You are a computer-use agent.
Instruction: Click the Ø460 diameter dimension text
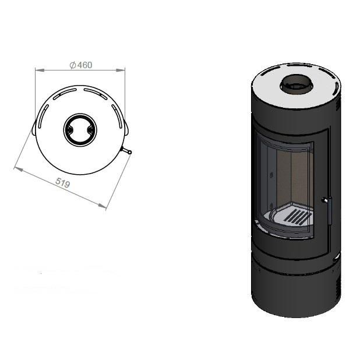[x=81, y=65]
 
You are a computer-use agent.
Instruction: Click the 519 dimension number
[x=63, y=183]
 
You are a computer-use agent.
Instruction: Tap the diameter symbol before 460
[x=73, y=65]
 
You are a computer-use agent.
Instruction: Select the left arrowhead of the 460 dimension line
[x=40, y=70]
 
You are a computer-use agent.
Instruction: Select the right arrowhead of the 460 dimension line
[x=121, y=70]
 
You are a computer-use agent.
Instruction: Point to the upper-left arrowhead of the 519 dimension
[x=19, y=170]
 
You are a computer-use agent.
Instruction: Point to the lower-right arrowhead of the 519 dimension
[x=102, y=206]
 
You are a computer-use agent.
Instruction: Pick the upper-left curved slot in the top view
[x=65, y=94]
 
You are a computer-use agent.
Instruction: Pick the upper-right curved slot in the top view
[x=96, y=94]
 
